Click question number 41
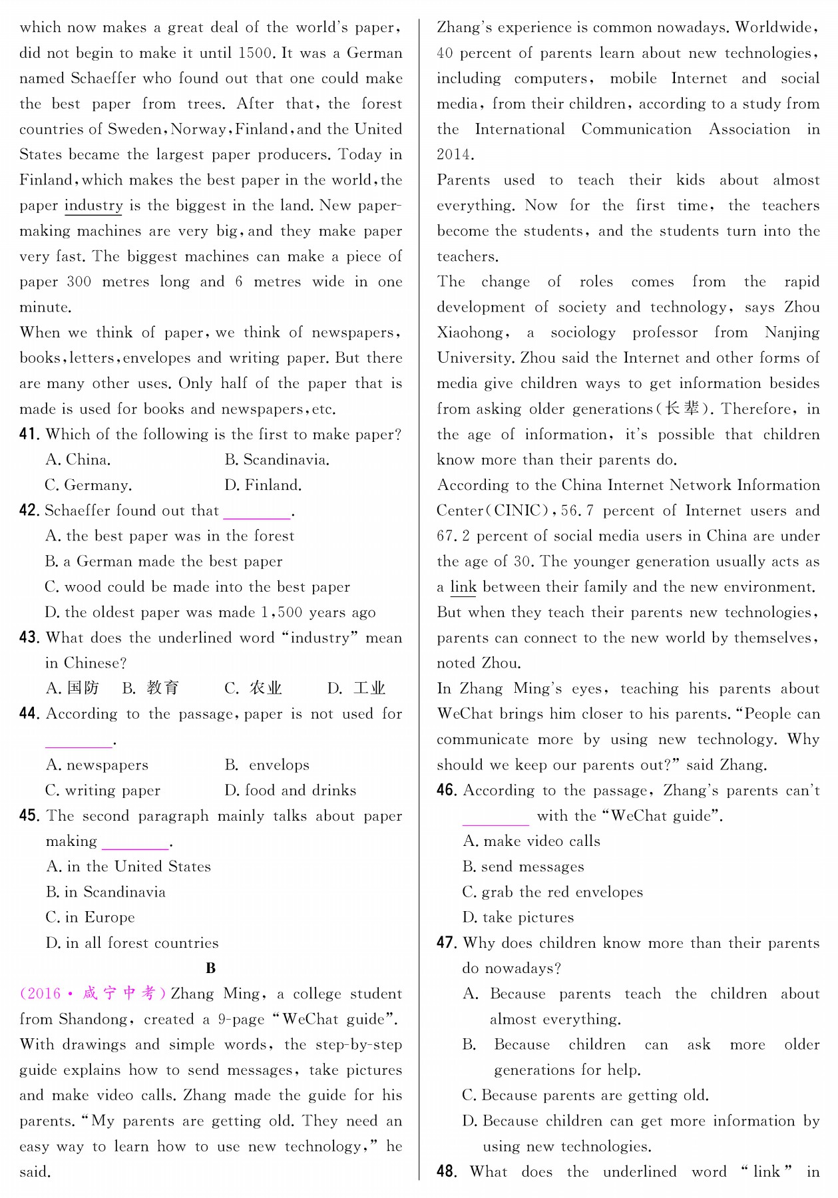click(x=29, y=435)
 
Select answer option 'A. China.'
click(x=78, y=460)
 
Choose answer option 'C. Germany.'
click(x=88, y=485)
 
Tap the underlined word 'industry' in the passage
click(x=93, y=206)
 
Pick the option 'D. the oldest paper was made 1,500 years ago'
click(x=210, y=612)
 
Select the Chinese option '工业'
click(x=369, y=688)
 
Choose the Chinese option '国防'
click(x=83, y=688)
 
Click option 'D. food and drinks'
click(x=290, y=791)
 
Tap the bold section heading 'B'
click(x=210, y=968)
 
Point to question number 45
click(x=29, y=816)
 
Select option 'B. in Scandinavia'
click(x=105, y=893)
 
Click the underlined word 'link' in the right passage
click(x=463, y=587)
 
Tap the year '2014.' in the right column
click(x=455, y=155)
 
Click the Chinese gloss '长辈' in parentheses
click(x=682, y=409)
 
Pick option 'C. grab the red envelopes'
click(x=552, y=893)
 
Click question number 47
click(x=447, y=943)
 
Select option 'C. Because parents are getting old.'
click(x=585, y=1096)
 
